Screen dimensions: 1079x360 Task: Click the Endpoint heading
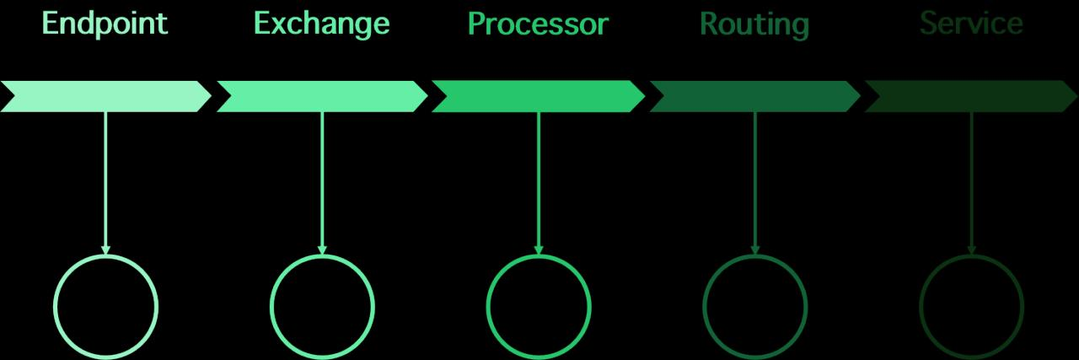(105, 24)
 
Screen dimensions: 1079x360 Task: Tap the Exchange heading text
(321, 24)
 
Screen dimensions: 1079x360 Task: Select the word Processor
(538, 24)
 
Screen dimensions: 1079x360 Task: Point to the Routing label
(754, 24)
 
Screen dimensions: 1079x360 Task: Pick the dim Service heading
(971, 24)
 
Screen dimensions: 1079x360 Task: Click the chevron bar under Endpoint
(105, 97)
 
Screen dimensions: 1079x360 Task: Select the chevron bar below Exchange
(322, 97)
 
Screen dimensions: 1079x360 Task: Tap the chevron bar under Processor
(538, 97)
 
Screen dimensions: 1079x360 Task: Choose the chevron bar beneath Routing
(754, 97)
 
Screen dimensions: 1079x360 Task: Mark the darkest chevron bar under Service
(971, 97)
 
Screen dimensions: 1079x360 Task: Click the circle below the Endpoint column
(105, 306)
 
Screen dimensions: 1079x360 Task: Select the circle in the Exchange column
(322, 306)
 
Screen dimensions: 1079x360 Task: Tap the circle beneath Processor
(539, 306)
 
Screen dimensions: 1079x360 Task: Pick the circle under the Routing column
(754, 306)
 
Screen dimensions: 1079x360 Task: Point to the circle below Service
(971, 306)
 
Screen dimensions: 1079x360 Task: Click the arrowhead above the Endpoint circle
(105, 250)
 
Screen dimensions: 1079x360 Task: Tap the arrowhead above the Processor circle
(539, 250)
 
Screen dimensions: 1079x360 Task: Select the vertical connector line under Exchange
(322, 177)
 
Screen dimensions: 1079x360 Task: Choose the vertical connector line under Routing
(754, 177)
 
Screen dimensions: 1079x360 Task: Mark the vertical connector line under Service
(971, 177)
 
